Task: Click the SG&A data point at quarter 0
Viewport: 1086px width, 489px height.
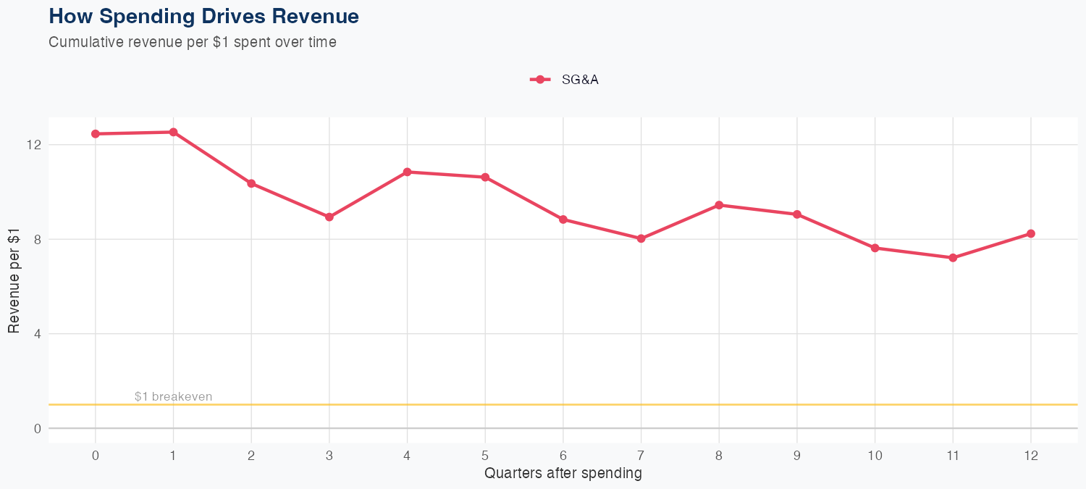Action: coord(96,134)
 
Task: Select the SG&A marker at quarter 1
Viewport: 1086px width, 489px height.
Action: coord(173,132)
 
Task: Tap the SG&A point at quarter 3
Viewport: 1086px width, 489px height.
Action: coord(329,217)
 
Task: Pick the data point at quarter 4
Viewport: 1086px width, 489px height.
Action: coord(407,172)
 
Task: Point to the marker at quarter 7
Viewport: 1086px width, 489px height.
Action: coord(641,238)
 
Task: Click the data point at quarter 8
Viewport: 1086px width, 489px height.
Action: coord(719,205)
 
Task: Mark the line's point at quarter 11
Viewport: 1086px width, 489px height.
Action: coord(953,258)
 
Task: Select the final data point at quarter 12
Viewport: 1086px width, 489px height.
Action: coord(1031,233)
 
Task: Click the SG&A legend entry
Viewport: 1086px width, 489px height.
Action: coord(565,80)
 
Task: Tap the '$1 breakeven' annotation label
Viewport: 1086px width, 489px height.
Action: coord(173,396)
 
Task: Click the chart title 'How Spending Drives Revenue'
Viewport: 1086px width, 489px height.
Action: coord(203,16)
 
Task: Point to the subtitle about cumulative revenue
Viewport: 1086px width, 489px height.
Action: coord(192,42)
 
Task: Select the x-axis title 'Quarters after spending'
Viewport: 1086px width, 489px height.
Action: coord(563,474)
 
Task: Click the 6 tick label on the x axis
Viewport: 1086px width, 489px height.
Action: coord(563,456)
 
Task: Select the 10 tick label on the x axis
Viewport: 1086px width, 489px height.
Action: coord(875,456)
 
